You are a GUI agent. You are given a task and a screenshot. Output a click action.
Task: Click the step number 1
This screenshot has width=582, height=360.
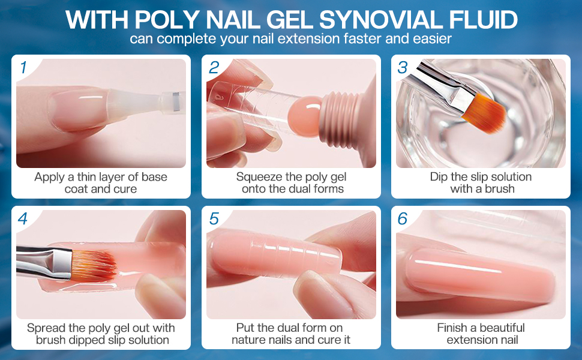click(x=23, y=68)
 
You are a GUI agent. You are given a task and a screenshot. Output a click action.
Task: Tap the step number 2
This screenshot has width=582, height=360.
click(x=214, y=68)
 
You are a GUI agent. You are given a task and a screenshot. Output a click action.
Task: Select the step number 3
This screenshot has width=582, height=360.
click(x=403, y=68)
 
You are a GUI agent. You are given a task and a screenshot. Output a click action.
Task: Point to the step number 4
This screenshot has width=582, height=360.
click(x=23, y=219)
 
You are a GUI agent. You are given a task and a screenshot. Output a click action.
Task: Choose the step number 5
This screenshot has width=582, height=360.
click(x=214, y=219)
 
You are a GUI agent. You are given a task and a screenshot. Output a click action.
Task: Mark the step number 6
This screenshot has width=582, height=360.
click(x=403, y=219)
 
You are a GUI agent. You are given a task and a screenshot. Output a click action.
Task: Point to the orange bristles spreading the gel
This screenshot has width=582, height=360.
click(x=92, y=265)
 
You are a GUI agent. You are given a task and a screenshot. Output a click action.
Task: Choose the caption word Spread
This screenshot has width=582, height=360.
click(x=46, y=328)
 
